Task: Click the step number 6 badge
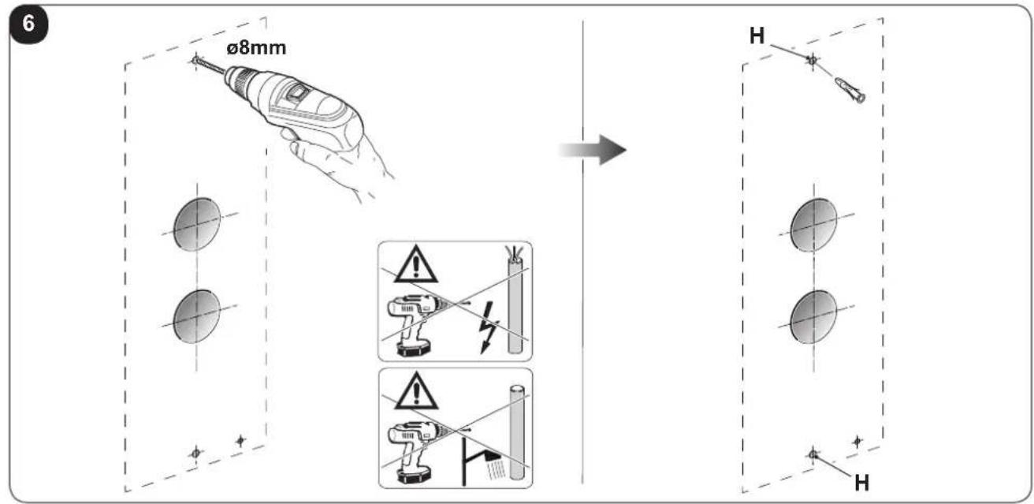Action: click(x=28, y=24)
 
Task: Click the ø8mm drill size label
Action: click(x=256, y=48)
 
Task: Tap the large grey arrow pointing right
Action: click(x=593, y=150)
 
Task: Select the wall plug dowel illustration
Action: click(x=850, y=91)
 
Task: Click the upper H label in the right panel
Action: click(x=757, y=35)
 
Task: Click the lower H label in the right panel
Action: click(x=862, y=483)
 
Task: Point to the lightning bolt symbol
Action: click(x=488, y=327)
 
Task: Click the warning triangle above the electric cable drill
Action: click(x=416, y=265)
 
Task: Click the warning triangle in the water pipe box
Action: click(x=416, y=392)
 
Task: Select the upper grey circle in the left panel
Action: click(x=197, y=225)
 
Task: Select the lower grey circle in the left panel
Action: click(x=197, y=316)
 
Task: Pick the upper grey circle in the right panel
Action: click(x=813, y=225)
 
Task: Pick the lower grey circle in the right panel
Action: click(x=813, y=317)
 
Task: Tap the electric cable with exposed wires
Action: click(x=515, y=301)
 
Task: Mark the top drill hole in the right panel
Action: click(x=813, y=60)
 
